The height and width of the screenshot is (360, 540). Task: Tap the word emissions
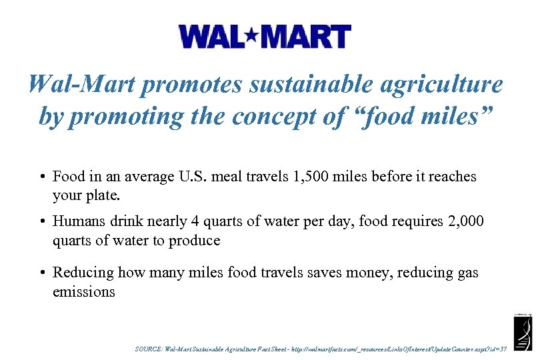tap(84, 293)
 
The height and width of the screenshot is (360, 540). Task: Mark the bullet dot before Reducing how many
tap(42, 273)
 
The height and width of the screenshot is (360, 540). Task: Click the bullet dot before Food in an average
tap(42, 177)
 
